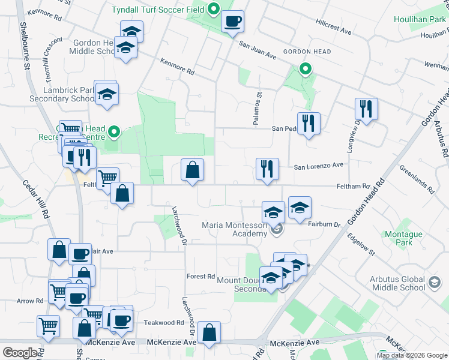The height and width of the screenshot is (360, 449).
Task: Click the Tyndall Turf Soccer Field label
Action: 158,10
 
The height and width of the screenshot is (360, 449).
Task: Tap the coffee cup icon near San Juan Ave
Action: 232,22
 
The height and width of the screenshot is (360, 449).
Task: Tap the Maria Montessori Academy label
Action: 234,229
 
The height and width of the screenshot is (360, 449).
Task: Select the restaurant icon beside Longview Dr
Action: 366,109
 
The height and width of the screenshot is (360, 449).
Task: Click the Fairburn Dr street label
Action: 324,224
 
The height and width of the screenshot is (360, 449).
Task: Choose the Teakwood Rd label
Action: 163,323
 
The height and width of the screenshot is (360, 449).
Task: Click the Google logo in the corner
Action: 20,353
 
